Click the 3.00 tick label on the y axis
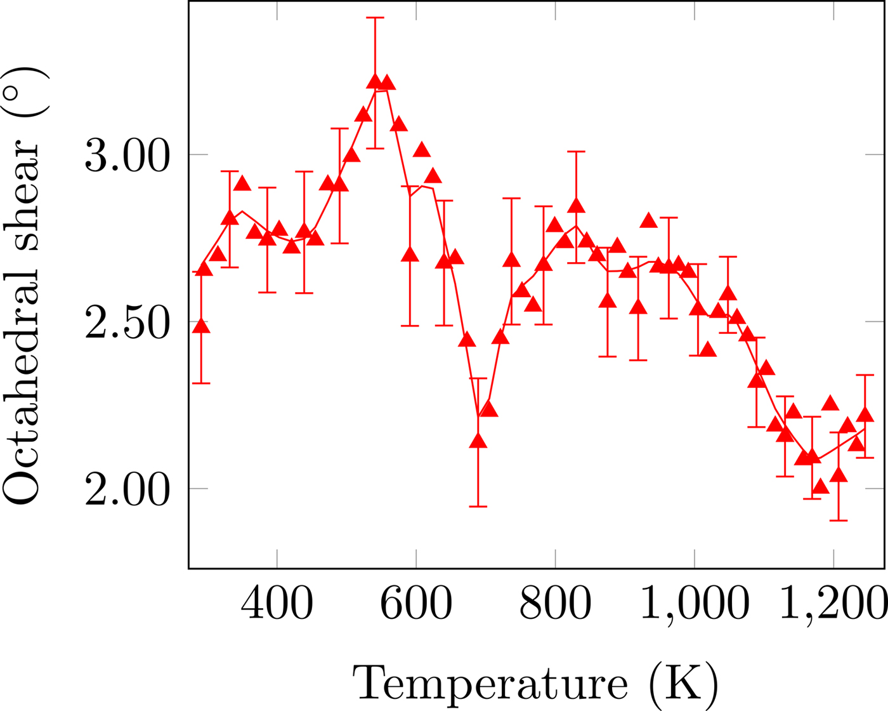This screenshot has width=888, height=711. pyautogui.click(x=127, y=156)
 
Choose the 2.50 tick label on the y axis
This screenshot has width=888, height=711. pyautogui.click(x=127, y=322)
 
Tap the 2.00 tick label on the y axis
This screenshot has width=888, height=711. pyautogui.click(x=127, y=489)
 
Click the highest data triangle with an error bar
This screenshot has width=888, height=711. pyautogui.click(x=375, y=82)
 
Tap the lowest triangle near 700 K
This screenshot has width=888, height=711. pyautogui.click(x=478, y=441)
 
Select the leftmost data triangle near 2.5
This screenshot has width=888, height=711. pyautogui.click(x=201, y=326)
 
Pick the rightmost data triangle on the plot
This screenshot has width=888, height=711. pyautogui.click(x=865, y=415)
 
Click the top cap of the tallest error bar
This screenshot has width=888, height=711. pyautogui.click(x=375, y=18)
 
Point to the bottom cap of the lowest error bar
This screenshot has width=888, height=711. pyautogui.click(x=839, y=521)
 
